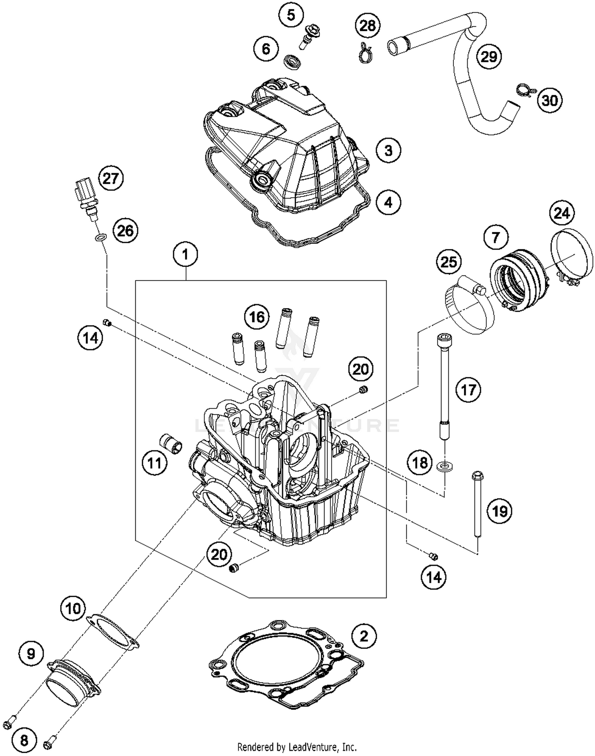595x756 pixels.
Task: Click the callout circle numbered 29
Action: pyautogui.click(x=489, y=56)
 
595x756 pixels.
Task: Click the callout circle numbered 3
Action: pyautogui.click(x=388, y=150)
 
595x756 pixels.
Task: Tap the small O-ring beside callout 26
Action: pyautogui.click(x=101, y=238)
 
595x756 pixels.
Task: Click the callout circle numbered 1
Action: pyautogui.click(x=185, y=254)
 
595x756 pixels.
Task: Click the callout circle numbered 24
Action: pyautogui.click(x=562, y=214)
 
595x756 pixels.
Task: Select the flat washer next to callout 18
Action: pyautogui.click(x=445, y=465)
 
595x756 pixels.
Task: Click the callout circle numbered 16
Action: pyautogui.click(x=257, y=317)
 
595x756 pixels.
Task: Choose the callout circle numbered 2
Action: pyautogui.click(x=363, y=636)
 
